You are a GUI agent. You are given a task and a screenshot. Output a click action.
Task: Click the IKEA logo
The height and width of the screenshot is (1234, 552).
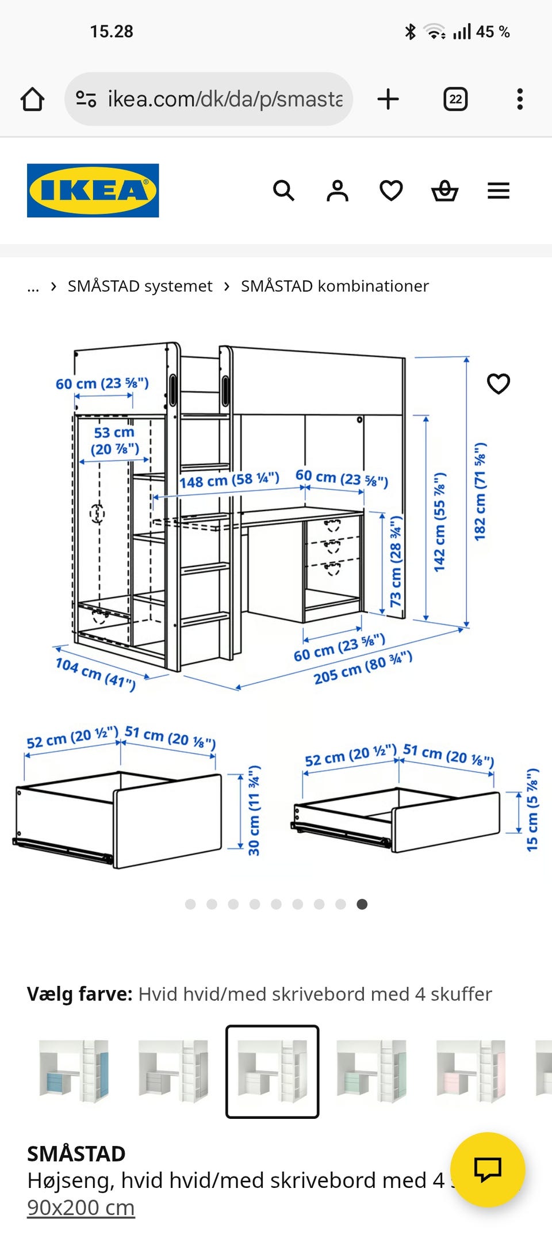click(x=93, y=191)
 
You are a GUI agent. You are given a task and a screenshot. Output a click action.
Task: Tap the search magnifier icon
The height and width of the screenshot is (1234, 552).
click(x=283, y=191)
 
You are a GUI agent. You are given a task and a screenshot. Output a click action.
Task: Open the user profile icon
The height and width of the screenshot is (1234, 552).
click(x=338, y=191)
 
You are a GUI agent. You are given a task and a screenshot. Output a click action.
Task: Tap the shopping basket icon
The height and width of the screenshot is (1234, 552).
click(x=445, y=191)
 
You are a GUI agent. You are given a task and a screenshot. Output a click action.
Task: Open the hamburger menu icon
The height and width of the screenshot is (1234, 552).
click(x=499, y=191)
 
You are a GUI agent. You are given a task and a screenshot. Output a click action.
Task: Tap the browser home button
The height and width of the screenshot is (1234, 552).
click(x=33, y=99)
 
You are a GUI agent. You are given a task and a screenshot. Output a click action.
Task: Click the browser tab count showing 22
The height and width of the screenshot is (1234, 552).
click(x=455, y=99)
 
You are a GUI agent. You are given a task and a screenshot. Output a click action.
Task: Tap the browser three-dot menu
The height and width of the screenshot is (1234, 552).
click(x=520, y=99)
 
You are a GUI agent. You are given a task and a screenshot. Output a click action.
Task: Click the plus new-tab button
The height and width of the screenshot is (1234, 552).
click(x=388, y=99)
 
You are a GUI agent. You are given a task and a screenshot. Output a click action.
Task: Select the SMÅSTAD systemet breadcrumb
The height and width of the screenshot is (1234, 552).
click(x=140, y=286)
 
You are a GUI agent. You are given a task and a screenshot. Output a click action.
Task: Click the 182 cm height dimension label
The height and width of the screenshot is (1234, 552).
click(x=480, y=492)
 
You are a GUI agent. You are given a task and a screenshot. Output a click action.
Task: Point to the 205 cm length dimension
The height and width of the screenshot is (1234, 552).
click(x=363, y=668)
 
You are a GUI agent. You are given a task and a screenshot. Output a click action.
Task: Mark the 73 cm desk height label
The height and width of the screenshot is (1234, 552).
click(x=396, y=562)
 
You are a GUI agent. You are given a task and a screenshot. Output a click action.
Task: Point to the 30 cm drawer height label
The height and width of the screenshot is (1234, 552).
click(x=254, y=810)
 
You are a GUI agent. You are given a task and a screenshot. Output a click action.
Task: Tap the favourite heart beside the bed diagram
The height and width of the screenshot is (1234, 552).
click(x=499, y=384)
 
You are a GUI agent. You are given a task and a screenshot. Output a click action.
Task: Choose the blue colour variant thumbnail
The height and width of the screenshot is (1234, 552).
click(x=74, y=1071)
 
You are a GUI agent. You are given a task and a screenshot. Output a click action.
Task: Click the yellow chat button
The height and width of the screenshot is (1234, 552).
click(x=488, y=1170)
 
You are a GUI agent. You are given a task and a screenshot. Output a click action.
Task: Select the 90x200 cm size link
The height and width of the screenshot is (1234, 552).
click(x=81, y=1208)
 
